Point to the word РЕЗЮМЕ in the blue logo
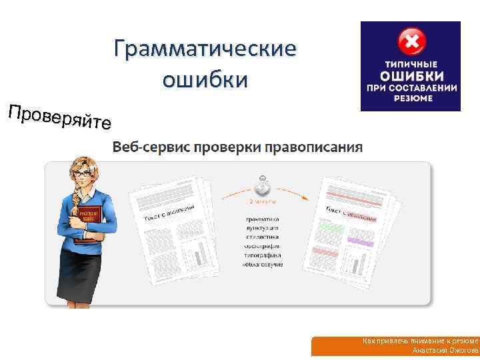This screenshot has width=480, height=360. pos(411,98)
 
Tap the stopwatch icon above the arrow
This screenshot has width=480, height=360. pos(262,183)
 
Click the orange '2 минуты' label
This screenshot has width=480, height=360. pos(262,200)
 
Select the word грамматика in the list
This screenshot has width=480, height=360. pos(263,218)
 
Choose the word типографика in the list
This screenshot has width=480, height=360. pos(263,255)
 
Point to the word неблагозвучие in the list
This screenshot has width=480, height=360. pos(263,264)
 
